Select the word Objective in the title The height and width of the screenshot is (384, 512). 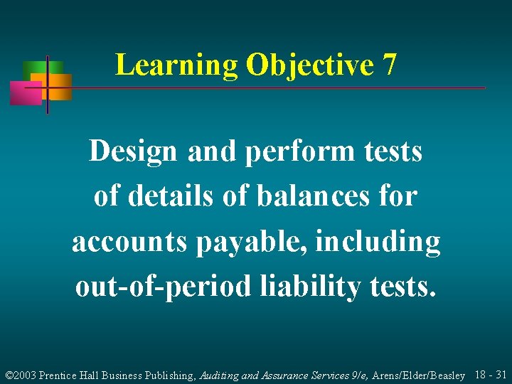309,65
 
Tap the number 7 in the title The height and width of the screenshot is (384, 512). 389,65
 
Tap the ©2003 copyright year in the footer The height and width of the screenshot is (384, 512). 21,374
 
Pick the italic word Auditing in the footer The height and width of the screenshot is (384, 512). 218,374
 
